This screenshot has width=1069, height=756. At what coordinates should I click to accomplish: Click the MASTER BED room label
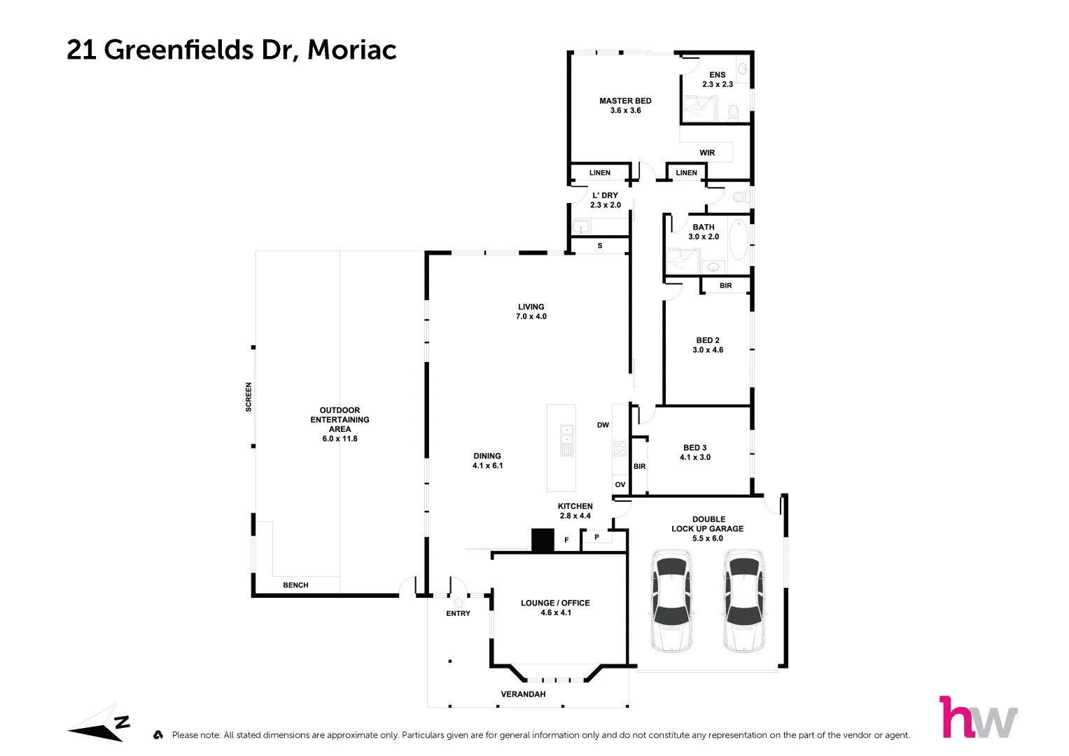pos(625,101)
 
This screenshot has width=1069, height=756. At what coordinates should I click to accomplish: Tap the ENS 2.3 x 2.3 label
pos(718,79)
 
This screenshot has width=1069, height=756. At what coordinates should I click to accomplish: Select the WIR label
pos(707,153)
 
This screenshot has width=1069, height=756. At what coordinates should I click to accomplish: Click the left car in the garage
pos(672,601)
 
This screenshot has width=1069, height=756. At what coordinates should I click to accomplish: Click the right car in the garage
pos(743,601)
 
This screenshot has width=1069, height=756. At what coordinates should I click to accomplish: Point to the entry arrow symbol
pos(459,601)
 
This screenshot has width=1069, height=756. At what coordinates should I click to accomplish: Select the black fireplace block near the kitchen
pos(543,540)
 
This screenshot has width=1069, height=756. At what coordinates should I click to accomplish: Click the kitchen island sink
pos(567,440)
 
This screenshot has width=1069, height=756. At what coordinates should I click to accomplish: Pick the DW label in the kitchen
pos(603,425)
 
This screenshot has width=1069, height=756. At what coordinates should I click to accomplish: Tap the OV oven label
pos(620,484)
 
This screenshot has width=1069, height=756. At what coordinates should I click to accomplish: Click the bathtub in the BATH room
pos(739,239)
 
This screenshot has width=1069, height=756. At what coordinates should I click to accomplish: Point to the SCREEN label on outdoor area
pos(249,396)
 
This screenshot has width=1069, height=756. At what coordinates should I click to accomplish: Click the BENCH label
pos(295,585)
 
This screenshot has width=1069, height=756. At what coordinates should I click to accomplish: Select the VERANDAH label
pos(523,694)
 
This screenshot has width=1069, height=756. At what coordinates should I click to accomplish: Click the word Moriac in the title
pos(352,50)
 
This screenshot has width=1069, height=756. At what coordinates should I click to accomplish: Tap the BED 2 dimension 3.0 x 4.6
pos(708,350)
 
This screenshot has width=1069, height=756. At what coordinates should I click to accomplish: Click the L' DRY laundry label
pos(605,195)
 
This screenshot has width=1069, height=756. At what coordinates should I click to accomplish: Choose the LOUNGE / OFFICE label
pos(555,603)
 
